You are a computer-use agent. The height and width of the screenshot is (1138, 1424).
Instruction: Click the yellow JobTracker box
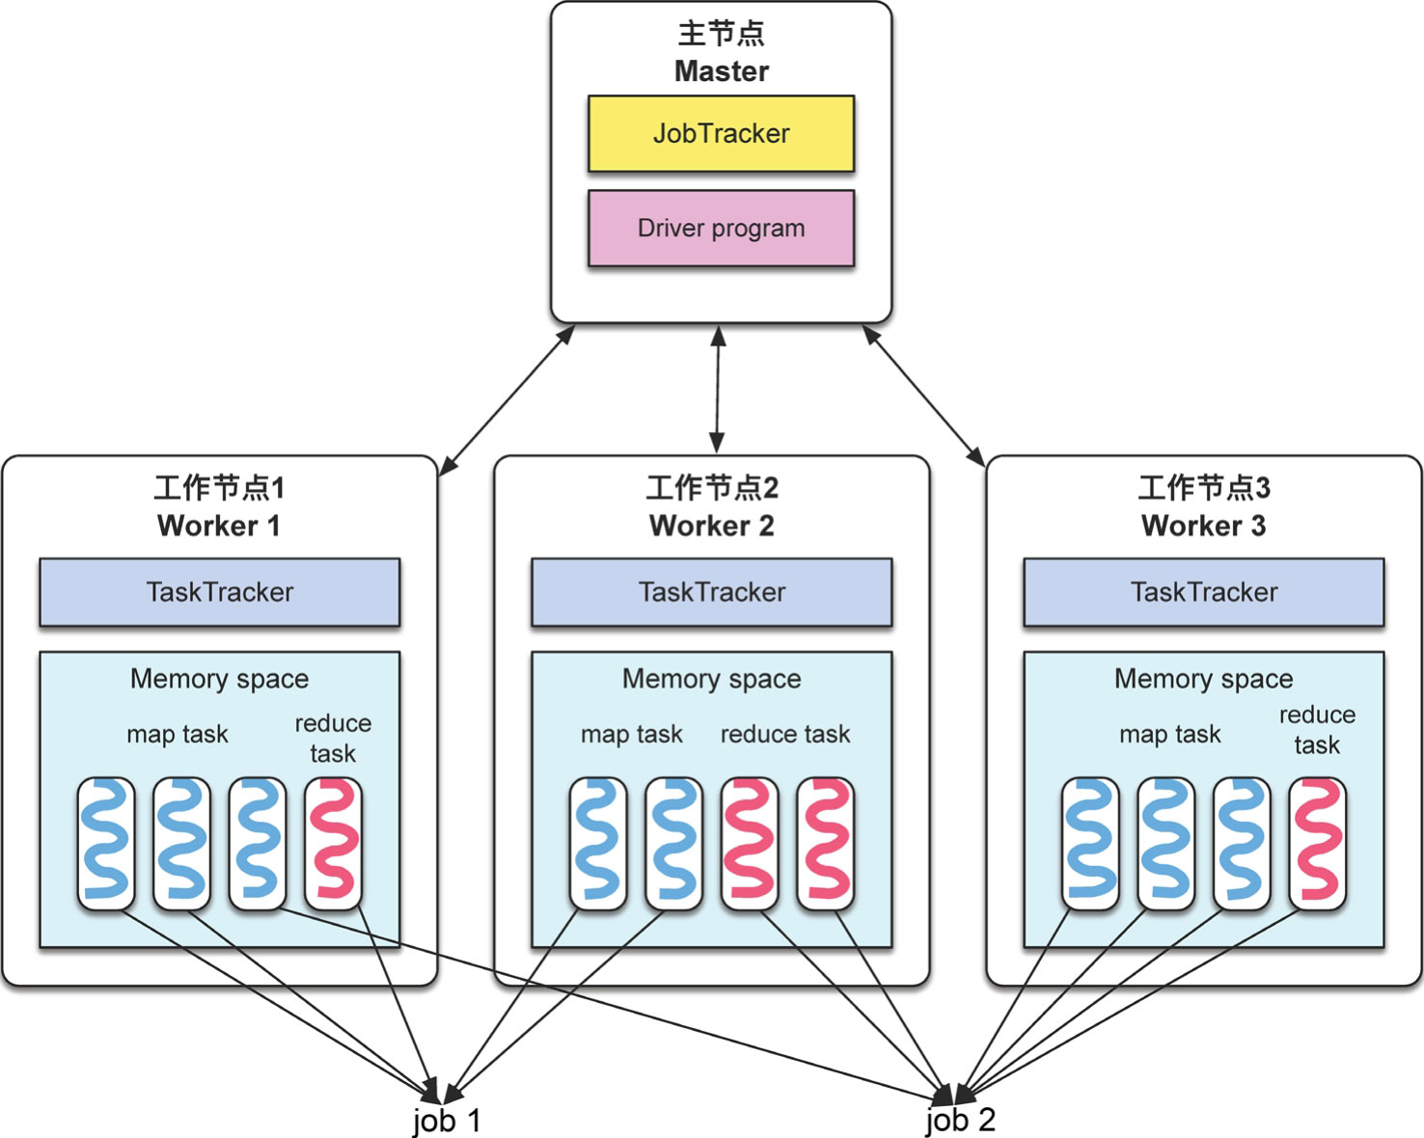coord(721,133)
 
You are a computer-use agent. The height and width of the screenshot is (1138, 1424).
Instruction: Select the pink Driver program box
coord(721,229)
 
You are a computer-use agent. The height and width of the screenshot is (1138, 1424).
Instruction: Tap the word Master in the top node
coord(721,71)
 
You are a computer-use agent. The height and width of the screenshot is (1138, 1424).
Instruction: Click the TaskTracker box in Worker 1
coord(219,592)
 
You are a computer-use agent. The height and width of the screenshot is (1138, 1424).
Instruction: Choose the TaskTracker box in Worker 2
coord(711,592)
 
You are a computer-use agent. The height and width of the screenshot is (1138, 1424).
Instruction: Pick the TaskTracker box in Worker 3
coord(1203,592)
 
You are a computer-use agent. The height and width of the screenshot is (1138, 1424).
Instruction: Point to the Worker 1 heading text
coord(219,526)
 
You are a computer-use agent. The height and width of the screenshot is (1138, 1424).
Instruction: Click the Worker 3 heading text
coord(1203,526)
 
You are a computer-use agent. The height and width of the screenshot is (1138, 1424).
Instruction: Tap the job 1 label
coord(447,1120)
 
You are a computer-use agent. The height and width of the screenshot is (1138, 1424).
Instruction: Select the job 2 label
coord(960,1120)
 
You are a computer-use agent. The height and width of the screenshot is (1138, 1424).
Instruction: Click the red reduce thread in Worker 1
coord(334,842)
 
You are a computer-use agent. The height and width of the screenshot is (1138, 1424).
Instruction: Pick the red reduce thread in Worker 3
coord(1318,842)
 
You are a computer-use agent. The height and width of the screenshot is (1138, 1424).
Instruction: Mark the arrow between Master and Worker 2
coord(717,389)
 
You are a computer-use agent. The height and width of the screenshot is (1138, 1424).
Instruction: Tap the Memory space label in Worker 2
coord(711,679)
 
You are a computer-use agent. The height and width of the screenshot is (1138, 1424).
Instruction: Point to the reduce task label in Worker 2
coord(785,734)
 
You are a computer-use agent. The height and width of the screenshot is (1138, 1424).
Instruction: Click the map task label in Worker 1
coord(178,734)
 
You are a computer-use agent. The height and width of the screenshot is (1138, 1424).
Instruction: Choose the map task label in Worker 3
coord(1169,734)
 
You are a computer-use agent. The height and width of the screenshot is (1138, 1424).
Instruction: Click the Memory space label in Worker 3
coord(1203,679)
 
